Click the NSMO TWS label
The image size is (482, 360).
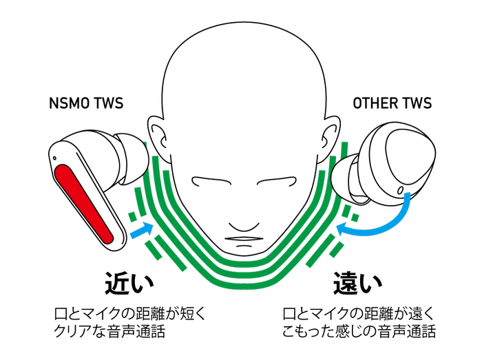(86, 103)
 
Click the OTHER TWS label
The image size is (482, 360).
(392, 103)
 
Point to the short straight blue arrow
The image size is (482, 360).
(142, 230)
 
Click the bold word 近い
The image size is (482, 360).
(129, 283)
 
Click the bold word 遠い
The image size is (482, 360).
(357, 283)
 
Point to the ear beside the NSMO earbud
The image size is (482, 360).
(158, 138)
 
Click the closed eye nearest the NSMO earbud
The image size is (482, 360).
(212, 181)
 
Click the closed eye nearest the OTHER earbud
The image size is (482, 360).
(277, 181)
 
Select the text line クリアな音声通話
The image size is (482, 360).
(109, 331)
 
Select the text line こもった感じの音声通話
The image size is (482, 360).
(359, 331)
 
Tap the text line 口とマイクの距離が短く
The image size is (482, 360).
(129, 313)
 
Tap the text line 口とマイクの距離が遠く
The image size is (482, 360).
(358, 313)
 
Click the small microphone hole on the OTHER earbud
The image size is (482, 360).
(400, 190)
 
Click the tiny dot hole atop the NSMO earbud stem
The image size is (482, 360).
(54, 158)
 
